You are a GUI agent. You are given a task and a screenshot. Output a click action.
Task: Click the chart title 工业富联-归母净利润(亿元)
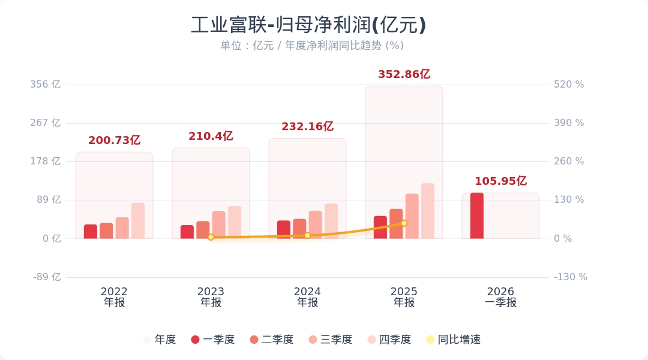click(308, 25)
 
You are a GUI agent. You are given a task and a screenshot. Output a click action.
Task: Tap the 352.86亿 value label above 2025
click(404, 74)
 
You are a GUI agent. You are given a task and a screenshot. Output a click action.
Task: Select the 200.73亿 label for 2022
click(114, 140)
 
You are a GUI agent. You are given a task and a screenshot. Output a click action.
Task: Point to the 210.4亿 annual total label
click(211, 136)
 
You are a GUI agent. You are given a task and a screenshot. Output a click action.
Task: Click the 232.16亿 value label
click(307, 127)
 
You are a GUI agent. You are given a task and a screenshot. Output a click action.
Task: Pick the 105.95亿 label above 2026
click(500, 181)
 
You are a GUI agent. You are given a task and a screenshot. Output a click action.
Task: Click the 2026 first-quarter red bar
click(477, 215)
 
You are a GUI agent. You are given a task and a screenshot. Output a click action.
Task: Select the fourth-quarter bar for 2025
click(428, 211)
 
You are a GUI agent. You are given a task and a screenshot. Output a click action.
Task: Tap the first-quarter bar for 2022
click(91, 231)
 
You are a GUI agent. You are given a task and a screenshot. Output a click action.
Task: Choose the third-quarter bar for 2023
click(218, 224)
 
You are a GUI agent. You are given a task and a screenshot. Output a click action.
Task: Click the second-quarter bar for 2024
click(299, 228)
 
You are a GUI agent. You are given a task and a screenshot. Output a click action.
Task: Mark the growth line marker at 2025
click(404, 223)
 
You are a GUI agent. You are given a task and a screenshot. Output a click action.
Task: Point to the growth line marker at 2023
click(211, 237)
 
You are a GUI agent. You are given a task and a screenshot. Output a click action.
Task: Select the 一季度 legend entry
click(212, 340)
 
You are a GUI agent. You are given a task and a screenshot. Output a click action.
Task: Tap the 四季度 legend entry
click(389, 340)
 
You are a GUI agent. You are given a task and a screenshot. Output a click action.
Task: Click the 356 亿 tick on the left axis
click(46, 85)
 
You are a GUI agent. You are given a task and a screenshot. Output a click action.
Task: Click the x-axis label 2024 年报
click(307, 297)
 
